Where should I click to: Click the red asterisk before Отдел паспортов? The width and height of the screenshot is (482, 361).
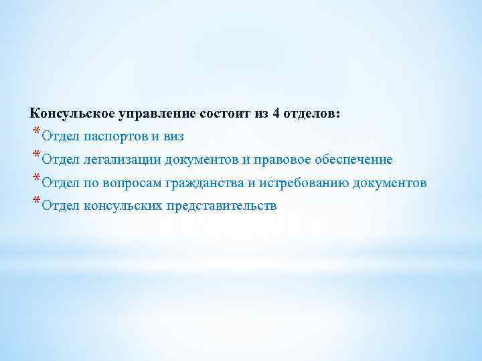point(35,132)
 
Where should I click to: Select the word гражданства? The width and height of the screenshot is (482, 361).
point(204,184)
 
